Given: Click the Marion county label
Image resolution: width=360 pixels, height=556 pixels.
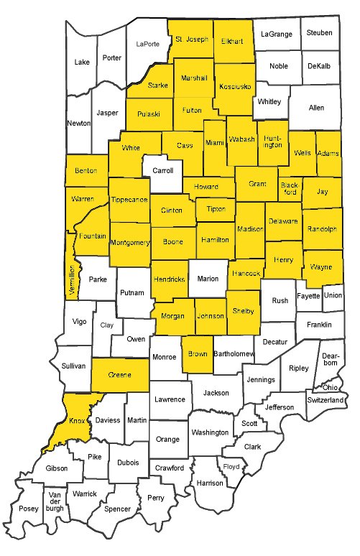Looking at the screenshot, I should coord(208,279).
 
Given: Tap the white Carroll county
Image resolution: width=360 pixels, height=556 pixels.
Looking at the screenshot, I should coord(162,172).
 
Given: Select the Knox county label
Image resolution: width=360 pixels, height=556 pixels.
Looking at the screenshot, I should coord(75,420).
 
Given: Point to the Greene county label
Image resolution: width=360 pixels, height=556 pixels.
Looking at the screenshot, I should coord(119,375).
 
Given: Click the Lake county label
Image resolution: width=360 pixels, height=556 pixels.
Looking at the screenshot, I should coord(83,62).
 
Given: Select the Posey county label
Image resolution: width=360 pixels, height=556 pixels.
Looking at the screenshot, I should coord(29,509).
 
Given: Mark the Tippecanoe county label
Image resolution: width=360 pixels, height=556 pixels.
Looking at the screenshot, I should coord(129,199).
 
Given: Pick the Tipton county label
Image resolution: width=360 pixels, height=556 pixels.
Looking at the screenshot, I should coord(216,209).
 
